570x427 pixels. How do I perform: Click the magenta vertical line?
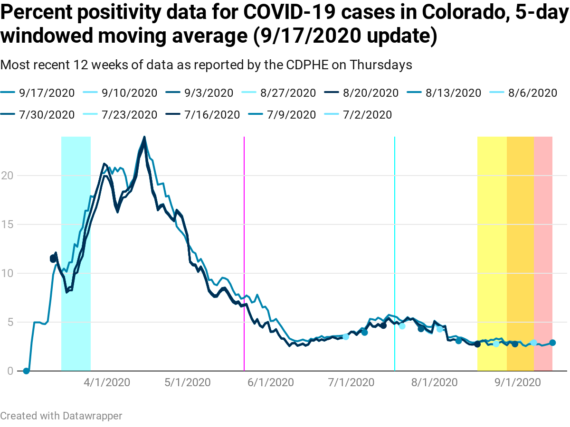point(244,237)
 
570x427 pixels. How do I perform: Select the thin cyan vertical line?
point(395,237)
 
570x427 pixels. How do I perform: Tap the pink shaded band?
point(543,237)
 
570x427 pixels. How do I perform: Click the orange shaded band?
point(520,237)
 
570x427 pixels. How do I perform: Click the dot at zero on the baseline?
point(26,371)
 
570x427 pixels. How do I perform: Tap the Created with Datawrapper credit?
point(61,416)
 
